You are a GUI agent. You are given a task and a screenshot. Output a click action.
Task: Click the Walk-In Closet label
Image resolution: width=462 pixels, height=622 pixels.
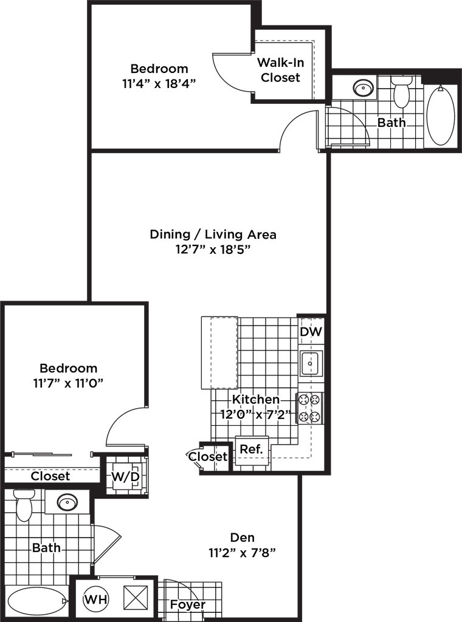(x=280, y=70)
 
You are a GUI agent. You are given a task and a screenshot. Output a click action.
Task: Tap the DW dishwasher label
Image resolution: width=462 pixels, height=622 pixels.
(x=311, y=332)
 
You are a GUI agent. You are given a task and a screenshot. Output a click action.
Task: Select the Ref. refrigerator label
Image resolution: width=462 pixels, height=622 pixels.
(x=250, y=449)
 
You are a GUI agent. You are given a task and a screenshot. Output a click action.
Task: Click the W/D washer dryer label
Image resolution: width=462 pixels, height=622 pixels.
(x=125, y=477)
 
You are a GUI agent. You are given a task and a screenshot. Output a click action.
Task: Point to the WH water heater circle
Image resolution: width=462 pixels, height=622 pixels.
(x=96, y=600)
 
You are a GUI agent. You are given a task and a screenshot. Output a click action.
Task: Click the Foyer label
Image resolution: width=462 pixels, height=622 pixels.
(x=188, y=604)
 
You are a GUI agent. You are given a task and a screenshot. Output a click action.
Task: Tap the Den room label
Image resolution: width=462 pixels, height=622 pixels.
(x=243, y=537)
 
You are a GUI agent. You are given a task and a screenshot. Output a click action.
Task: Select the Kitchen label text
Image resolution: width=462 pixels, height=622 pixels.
(x=255, y=399)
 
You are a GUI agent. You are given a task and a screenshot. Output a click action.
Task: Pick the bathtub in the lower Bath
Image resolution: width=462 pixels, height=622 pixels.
(x=36, y=602)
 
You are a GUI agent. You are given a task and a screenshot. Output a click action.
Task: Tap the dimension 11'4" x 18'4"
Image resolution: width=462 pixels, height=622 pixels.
(x=160, y=84)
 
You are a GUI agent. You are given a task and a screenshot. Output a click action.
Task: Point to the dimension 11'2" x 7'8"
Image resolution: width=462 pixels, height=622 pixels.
(x=243, y=553)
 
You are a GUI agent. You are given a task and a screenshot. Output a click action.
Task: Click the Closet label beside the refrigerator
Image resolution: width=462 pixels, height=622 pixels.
(x=208, y=456)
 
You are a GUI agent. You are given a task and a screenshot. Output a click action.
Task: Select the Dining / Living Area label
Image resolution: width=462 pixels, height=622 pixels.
(x=213, y=234)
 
